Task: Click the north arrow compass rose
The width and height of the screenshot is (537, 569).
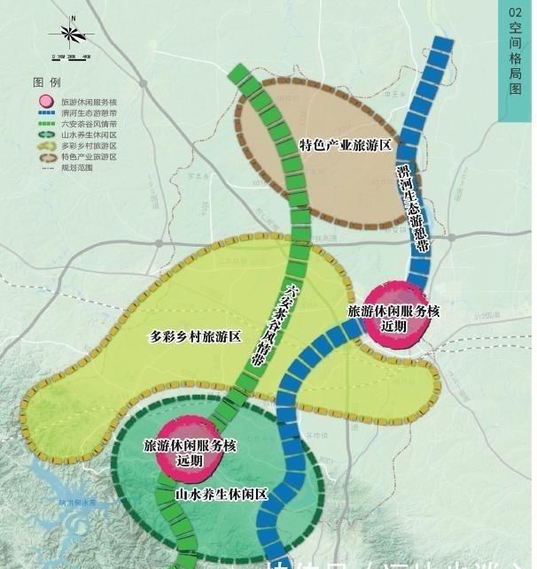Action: (73, 35)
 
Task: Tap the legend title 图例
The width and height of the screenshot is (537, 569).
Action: (47, 81)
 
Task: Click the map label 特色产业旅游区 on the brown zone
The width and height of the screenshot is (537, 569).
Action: (345, 145)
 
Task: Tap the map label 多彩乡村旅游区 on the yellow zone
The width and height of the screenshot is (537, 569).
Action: (195, 336)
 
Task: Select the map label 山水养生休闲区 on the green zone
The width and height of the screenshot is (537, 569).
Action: (221, 494)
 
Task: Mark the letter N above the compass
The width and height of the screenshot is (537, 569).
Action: (73, 17)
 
